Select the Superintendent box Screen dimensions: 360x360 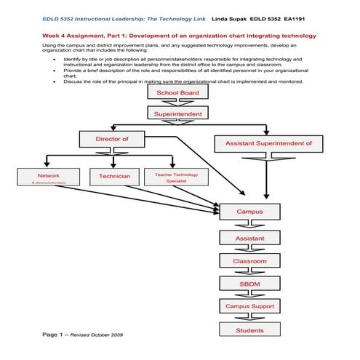click(x=177, y=113)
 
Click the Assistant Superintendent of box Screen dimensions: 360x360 click(x=268, y=143)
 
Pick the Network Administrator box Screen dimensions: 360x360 click(x=49, y=177)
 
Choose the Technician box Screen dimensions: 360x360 click(x=114, y=177)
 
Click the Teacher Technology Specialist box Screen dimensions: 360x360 click(x=176, y=177)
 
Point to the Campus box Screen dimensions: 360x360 click(x=249, y=212)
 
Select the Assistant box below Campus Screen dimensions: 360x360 click(x=249, y=238)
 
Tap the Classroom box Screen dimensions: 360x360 click(x=249, y=260)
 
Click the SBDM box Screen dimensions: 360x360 click(x=249, y=284)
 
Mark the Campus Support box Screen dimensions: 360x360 click(x=249, y=306)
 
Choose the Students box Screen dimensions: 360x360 click(x=249, y=330)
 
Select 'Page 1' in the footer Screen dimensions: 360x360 click(x=54, y=335)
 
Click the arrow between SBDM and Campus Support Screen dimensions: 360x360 click(x=249, y=295)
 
